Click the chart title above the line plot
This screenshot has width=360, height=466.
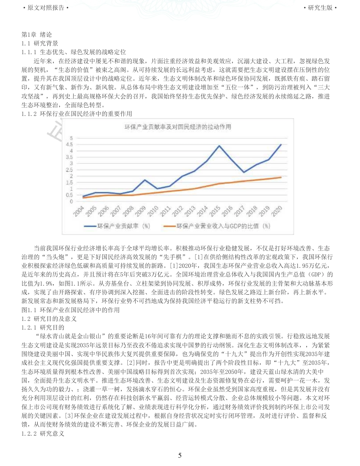pyautogui.click(x=178, y=127)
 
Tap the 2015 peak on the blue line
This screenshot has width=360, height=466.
pyautogui.click(x=219, y=145)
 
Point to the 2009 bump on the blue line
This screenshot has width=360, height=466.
pyautogui.click(x=145, y=180)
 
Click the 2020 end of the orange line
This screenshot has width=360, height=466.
pyautogui.click(x=281, y=177)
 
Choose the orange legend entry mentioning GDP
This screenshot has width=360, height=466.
pyautogui.click(x=223, y=226)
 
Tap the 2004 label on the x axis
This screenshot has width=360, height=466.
pyautogui.click(x=79, y=211)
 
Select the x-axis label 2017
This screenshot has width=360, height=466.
pyautogui.click(x=240, y=211)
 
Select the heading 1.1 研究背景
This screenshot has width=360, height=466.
pyautogui.click(x=40, y=43)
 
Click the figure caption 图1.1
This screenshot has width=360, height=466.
pyautogui.click(x=71, y=310)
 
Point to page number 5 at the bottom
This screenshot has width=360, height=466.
pyautogui.click(x=180, y=455)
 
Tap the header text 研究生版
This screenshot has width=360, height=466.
pyautogui.click(x=320, y=8)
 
